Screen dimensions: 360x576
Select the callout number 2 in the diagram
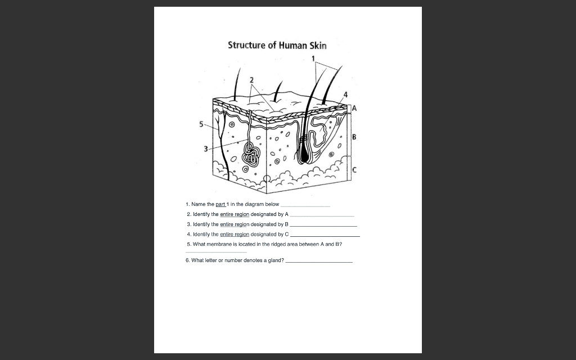point(252,79)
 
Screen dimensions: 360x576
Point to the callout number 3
point(206,149)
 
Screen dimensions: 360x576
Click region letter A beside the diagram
point(354,107)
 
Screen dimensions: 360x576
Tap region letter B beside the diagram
point(354,137)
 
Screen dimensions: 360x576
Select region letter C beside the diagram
point(354,170)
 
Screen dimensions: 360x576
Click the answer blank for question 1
point(305,206)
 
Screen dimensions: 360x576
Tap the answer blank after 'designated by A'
point(322,216)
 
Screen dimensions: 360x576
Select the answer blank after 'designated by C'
point(325,236)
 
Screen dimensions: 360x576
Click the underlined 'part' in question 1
point(220,204)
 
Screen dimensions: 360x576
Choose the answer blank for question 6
point(319,262)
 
